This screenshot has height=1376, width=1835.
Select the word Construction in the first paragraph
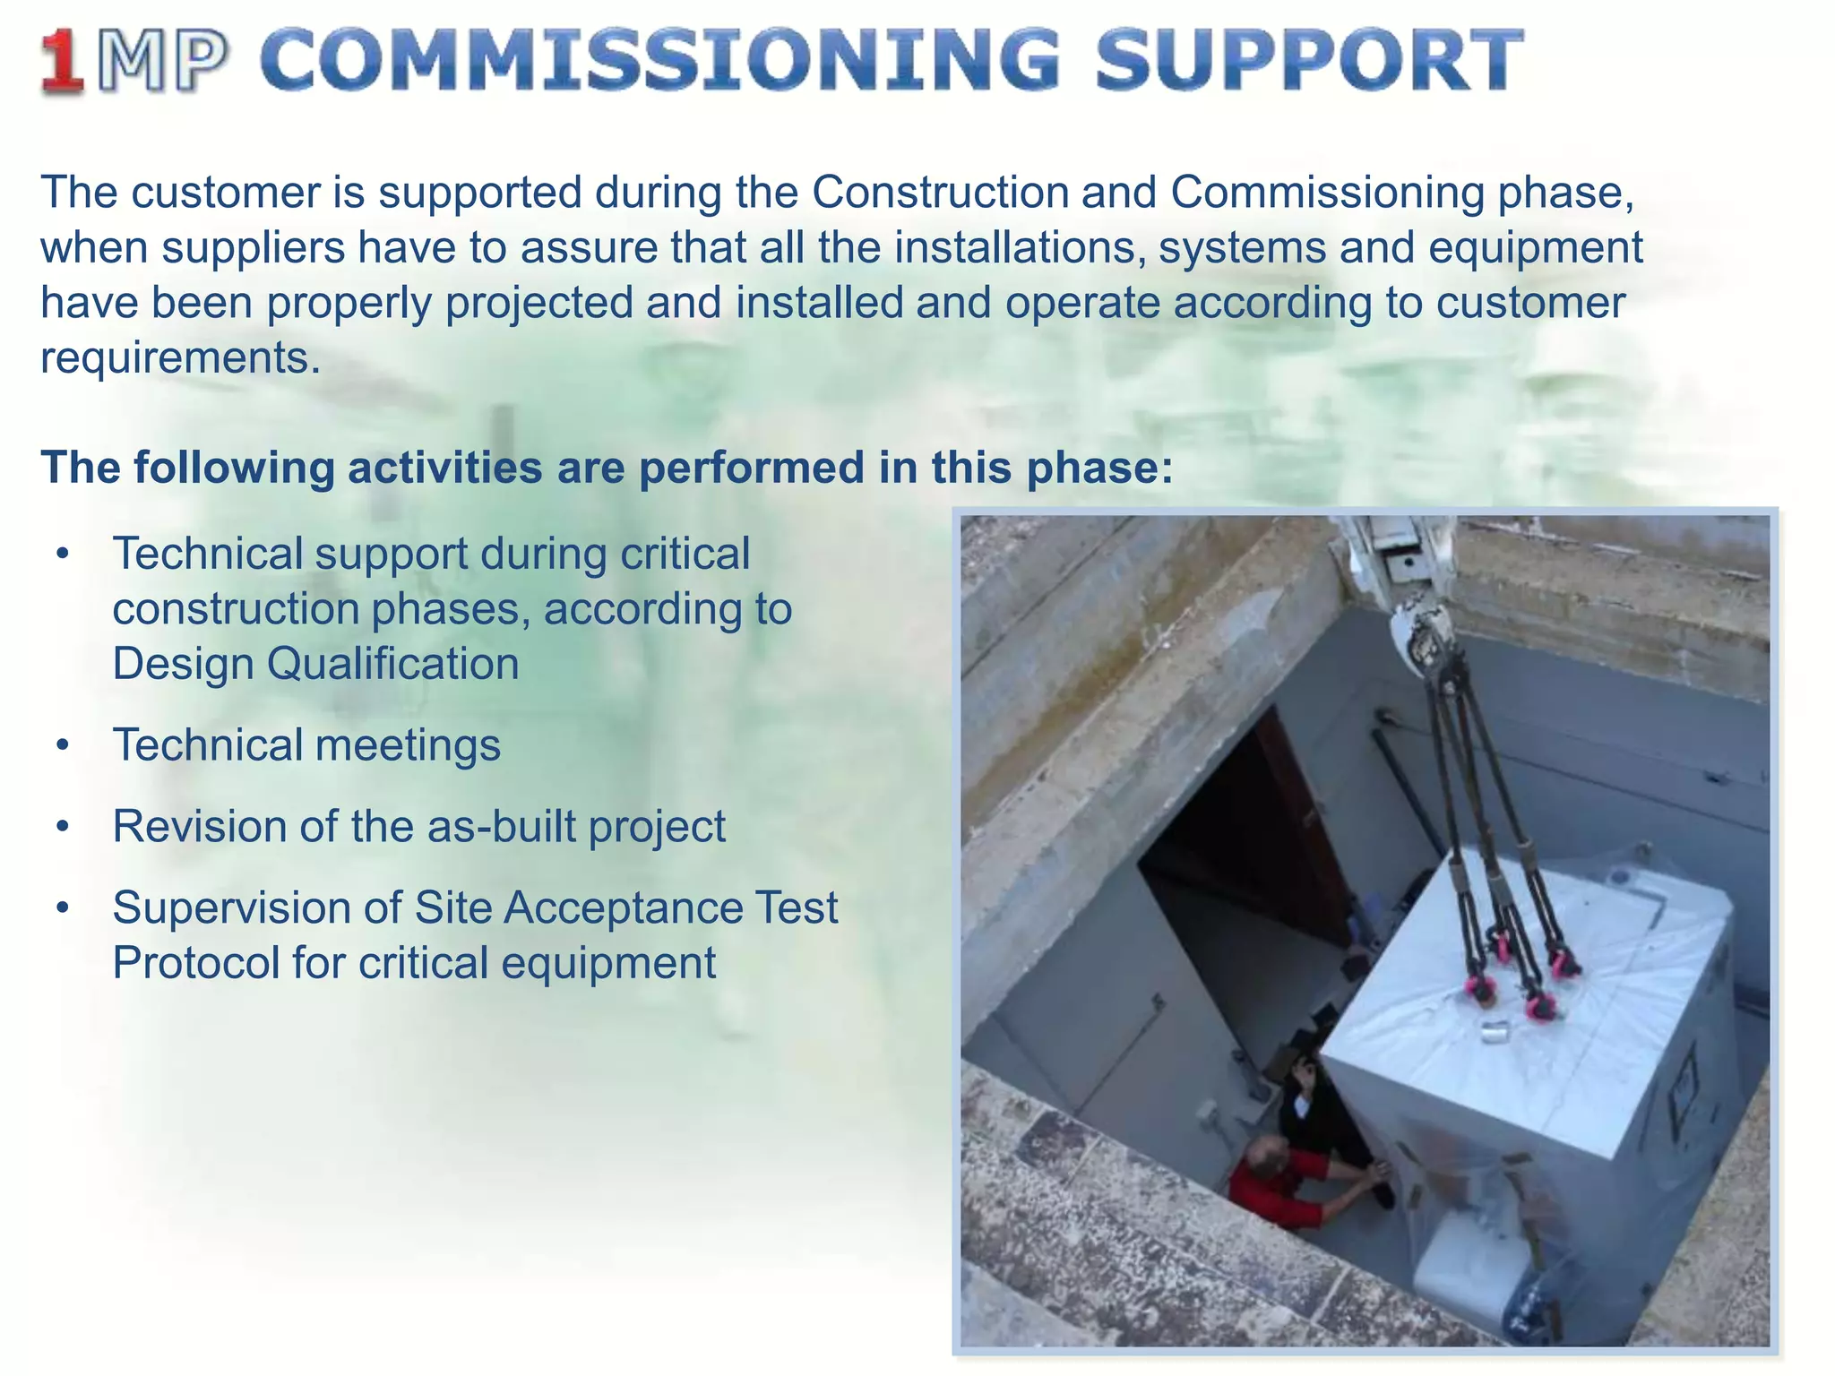pos(940,193)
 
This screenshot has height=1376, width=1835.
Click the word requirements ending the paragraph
pos(180,357)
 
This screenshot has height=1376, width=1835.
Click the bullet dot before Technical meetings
pos(61,745)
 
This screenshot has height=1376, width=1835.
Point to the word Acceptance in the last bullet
pos(622,907)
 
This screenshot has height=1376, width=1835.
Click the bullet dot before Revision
pos(61,827)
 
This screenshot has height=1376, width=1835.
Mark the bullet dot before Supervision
pos(61,908)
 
